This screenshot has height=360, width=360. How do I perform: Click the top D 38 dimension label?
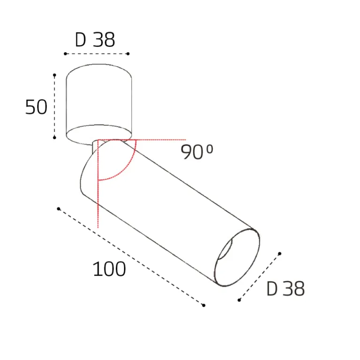coord(95,40)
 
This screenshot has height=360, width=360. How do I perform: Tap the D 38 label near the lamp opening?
coord(286,288)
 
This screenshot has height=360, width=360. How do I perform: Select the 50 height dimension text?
coord(36,107)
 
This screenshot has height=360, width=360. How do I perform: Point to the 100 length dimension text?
coord(109,269)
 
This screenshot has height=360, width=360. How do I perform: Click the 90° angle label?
coord(197,152)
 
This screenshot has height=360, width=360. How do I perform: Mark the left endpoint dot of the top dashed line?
coord(65,54)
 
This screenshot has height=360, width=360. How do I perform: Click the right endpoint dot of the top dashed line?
coord(128,54)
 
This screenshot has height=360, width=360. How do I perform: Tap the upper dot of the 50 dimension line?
coord(54,75)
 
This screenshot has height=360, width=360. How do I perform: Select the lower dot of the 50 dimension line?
coord(54,138)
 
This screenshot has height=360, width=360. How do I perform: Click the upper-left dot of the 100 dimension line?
coord(59,209)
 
